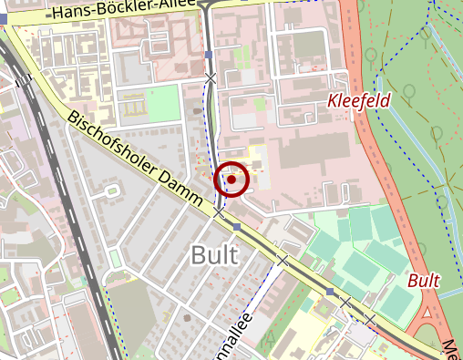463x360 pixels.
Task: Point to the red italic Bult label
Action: (424, 280)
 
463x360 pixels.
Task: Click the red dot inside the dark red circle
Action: (231, 180)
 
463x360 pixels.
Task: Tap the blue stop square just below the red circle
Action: (237, 226)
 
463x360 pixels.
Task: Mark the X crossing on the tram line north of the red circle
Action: (211, 79)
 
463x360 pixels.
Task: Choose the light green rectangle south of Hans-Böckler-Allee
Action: (163, 103)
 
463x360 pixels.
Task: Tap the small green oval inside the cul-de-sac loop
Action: (112, 191)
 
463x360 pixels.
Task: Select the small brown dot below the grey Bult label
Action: (187, 318)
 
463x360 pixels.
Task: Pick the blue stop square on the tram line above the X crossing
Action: (209, 55)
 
